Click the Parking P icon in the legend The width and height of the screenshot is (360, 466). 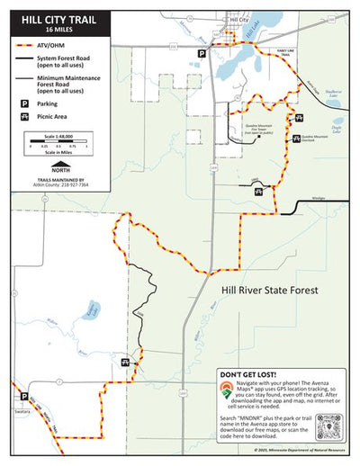click(x=22, y=104)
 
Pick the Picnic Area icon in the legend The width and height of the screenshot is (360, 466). click(x=22, y=117)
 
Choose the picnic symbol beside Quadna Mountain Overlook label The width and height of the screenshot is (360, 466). click(x=298, y=139)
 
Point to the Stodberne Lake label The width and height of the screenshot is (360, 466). click(x=335, y=92)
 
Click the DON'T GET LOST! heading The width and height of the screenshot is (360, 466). click(x=249, y=373)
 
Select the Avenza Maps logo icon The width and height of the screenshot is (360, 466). click(x=227, y=390)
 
